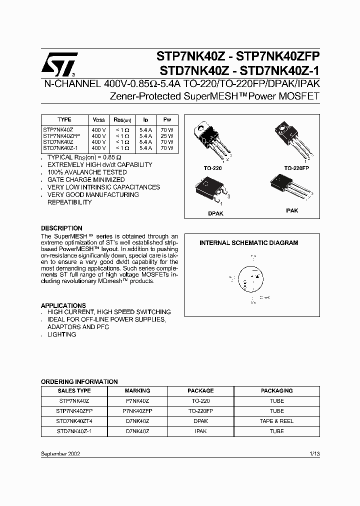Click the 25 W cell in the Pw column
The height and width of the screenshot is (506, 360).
pos(167,135)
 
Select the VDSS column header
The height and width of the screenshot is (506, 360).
pos(98,120)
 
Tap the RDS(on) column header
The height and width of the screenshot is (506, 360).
pos(122,120)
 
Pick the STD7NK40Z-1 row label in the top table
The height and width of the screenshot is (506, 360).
pos(60,148)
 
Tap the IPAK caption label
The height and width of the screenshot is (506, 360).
pos(291,210)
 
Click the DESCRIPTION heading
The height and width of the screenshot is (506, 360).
pos(61,228)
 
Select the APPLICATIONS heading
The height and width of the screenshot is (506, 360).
pos(63,305)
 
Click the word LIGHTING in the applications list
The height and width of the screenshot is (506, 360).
pos(62,334)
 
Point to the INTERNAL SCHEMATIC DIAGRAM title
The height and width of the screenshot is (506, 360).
pos(248,243)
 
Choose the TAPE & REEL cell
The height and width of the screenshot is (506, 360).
pos(276,421)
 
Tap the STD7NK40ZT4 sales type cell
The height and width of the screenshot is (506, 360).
pos(74,421)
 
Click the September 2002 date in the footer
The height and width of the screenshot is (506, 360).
pos(60,453)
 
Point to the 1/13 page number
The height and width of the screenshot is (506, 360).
pos(314,453)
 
